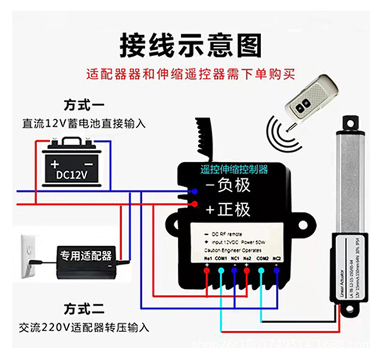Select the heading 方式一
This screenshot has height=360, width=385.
(x=84, y=105)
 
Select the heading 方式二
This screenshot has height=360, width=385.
(x=84, y=309)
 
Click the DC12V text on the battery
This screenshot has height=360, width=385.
(x=72, y=174)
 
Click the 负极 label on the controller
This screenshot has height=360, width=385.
(x=227, y=185)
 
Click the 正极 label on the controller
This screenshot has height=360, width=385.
(x=228, y=209)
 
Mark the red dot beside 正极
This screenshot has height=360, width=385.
(x=194, y=204)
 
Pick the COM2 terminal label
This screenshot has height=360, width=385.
(x=262, y=258)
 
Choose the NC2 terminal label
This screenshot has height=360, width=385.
(x=276, y=258)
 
